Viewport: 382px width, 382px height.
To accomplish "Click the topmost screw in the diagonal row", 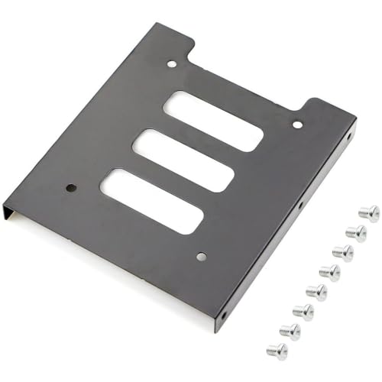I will coord(368,213).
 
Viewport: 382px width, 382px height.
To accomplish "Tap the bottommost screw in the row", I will coord(277,351).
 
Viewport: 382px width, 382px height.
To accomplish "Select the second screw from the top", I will coord(356,231).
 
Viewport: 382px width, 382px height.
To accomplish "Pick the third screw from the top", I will coord(343,251).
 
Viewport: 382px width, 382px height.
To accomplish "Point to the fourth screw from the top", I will coord(330,271).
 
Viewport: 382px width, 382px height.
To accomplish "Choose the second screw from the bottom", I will coord(290,331).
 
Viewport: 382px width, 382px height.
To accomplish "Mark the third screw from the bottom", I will coord(303,311).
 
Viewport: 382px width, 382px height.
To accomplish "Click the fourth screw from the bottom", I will coord(316,291).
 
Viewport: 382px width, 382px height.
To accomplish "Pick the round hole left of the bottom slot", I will coord(71,186).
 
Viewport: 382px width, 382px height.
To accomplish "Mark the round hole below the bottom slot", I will coord(201,257).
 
